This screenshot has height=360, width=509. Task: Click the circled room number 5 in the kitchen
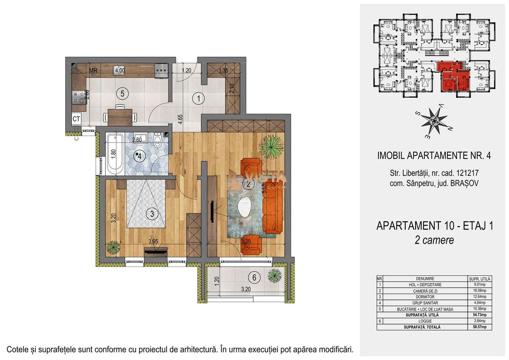click(x=123, y=93)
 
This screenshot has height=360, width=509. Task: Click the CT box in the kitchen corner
click(x=76, y=118)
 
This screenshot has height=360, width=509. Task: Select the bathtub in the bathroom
click(x=115, y=154)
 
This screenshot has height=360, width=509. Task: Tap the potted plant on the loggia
click(x=274, y=275)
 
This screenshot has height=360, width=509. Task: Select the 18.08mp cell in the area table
click(x=480, y=291)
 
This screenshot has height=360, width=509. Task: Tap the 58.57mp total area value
click(x=480, y=327)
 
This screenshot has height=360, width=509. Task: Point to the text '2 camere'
click(x=435, y=240)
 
